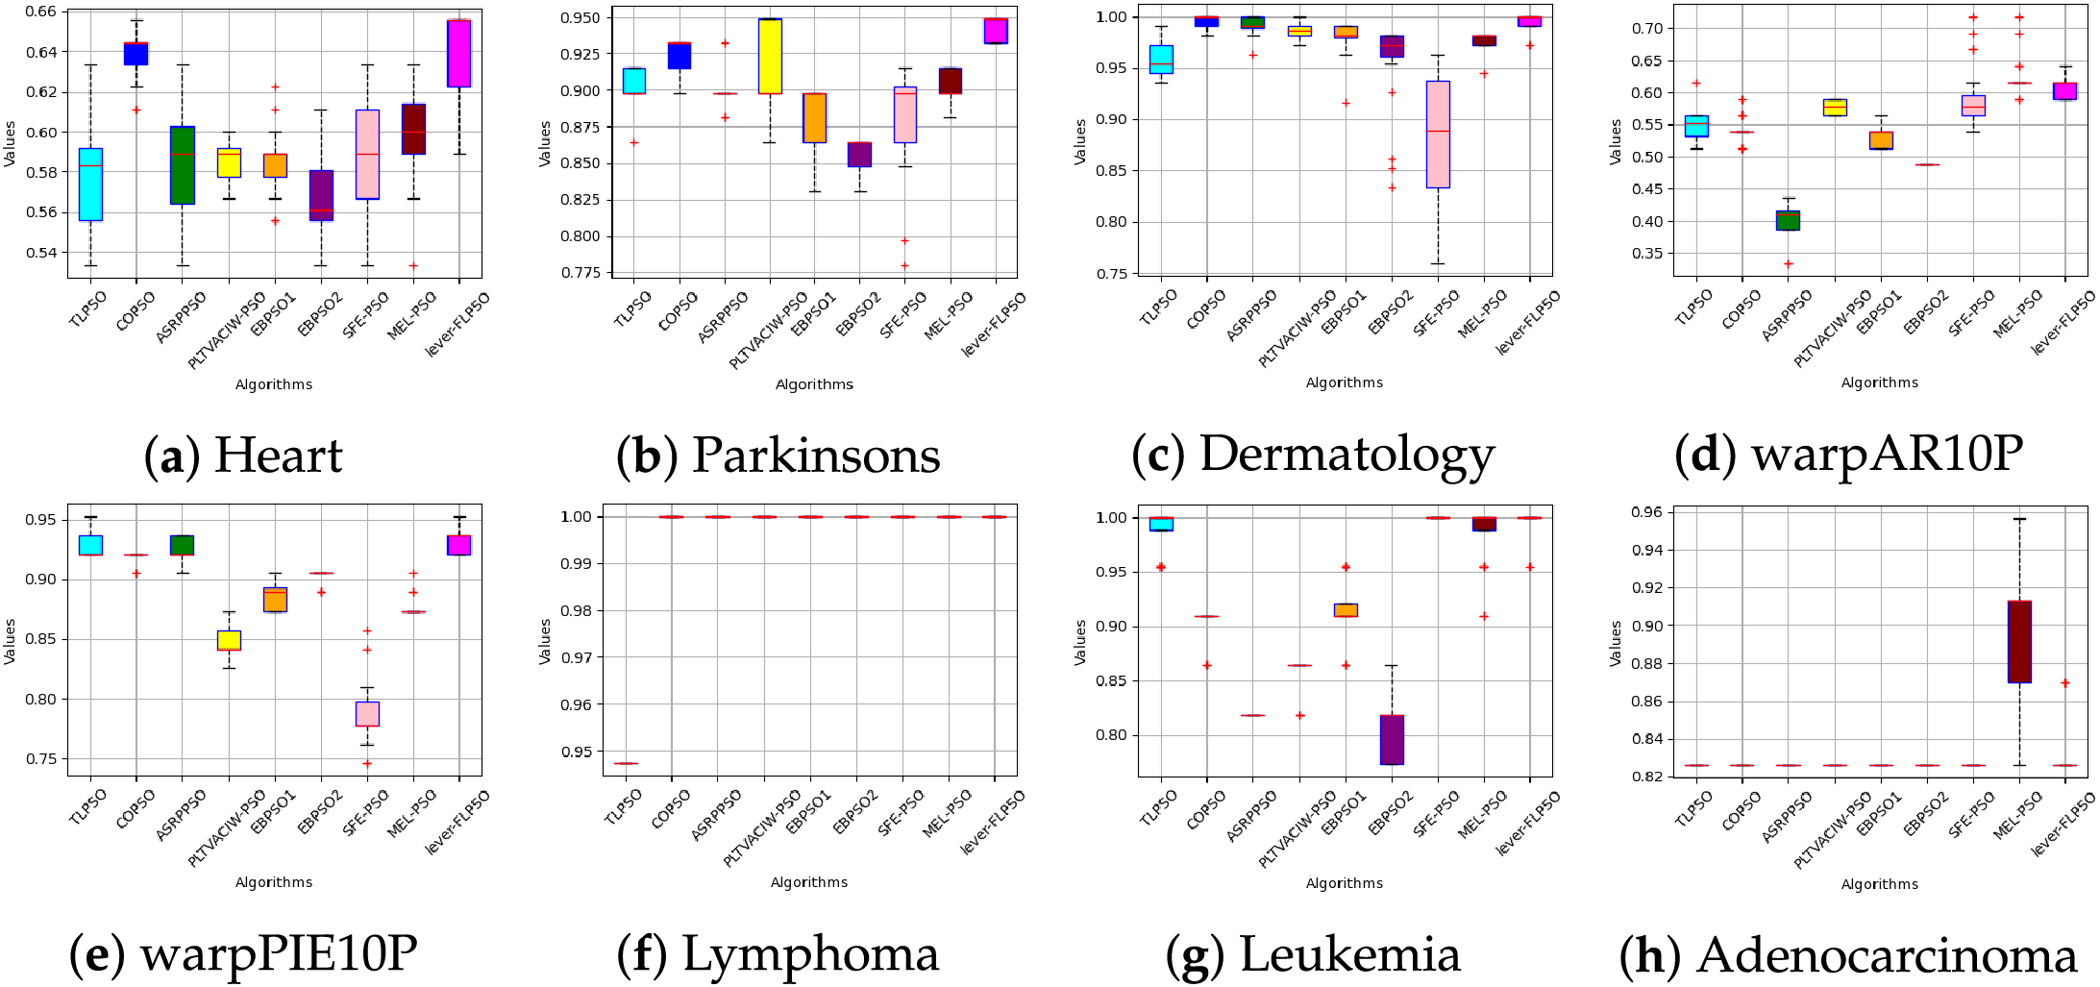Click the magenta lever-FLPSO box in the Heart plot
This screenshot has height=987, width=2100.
(459, 54)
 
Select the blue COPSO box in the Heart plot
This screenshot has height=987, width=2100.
(136, 54)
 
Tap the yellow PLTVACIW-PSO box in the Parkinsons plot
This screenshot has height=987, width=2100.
(770, 56)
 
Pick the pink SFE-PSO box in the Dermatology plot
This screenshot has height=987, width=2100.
(1438, 135)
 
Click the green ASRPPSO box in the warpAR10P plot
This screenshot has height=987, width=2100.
(1788, 220)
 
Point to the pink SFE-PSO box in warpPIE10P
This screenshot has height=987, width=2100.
(367, 714)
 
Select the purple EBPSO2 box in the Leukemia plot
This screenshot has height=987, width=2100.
(1392, 739)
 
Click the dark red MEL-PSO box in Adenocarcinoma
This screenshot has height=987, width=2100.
(2019, 642)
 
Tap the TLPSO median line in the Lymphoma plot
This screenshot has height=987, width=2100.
(626, 763)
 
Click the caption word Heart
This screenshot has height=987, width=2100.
(278, 456)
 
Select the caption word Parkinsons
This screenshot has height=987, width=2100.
(816, 456)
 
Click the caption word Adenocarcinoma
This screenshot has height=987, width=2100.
(1888, 955)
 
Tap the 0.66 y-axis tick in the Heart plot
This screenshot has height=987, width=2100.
(40, 12)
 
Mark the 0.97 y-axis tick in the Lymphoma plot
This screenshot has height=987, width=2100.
(580, 657)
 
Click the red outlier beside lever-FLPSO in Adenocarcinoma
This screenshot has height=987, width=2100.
(2064, 683)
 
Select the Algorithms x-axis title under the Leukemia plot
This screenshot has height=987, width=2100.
(1345, 883)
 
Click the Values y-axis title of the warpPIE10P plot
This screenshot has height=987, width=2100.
(10, 641)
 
